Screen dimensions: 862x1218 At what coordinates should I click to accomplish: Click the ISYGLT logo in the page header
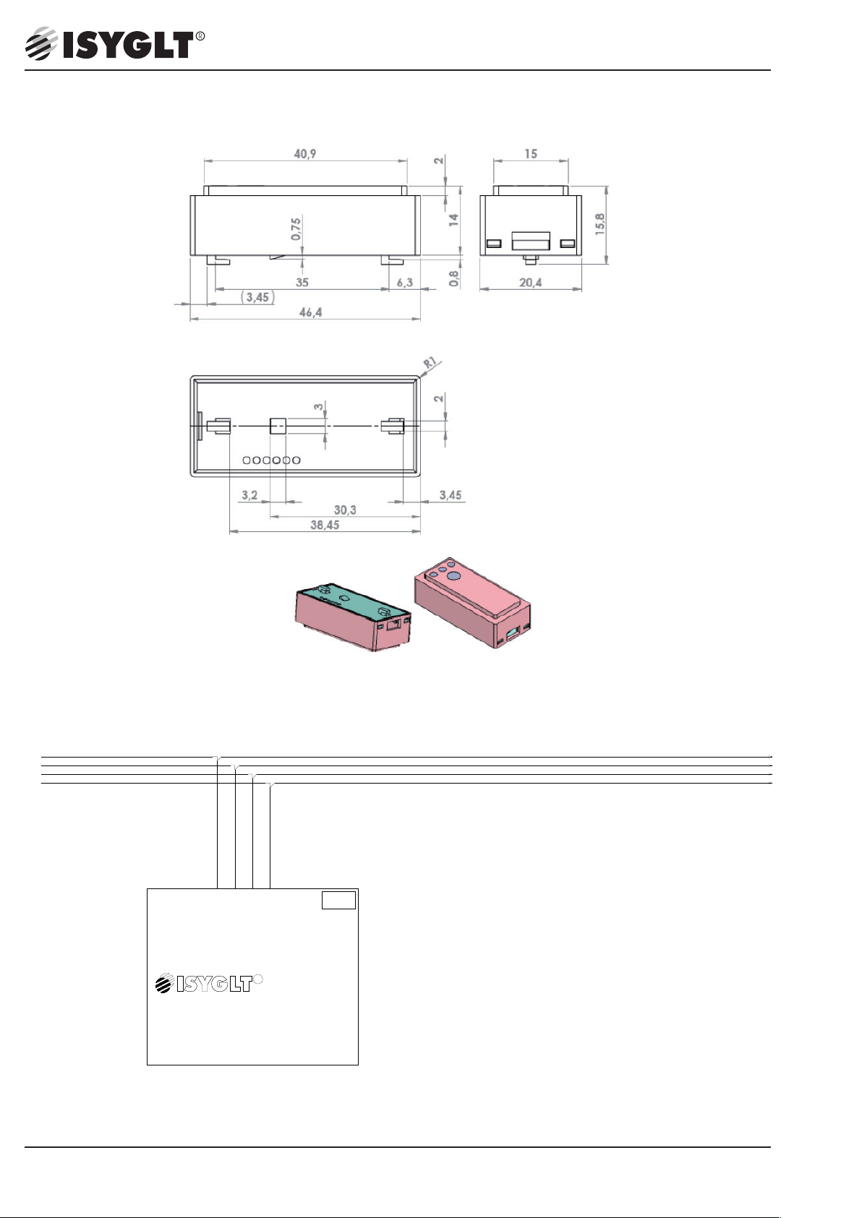point(115,43)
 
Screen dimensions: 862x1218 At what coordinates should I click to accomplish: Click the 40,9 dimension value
point(305,154)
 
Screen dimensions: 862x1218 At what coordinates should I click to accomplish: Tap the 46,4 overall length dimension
point(310,312)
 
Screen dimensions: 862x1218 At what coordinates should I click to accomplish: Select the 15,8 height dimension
point(600,224)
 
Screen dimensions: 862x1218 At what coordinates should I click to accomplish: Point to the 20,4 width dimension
point(530,282)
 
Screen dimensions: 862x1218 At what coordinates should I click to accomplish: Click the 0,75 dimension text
point(296,229)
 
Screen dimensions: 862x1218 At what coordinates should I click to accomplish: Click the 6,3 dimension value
point(405,282)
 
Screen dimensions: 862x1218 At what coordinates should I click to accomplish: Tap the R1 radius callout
point(430,363)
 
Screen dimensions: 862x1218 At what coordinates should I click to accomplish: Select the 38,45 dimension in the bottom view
point(325,525)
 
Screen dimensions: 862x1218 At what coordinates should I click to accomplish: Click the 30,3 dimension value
point(345,510)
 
